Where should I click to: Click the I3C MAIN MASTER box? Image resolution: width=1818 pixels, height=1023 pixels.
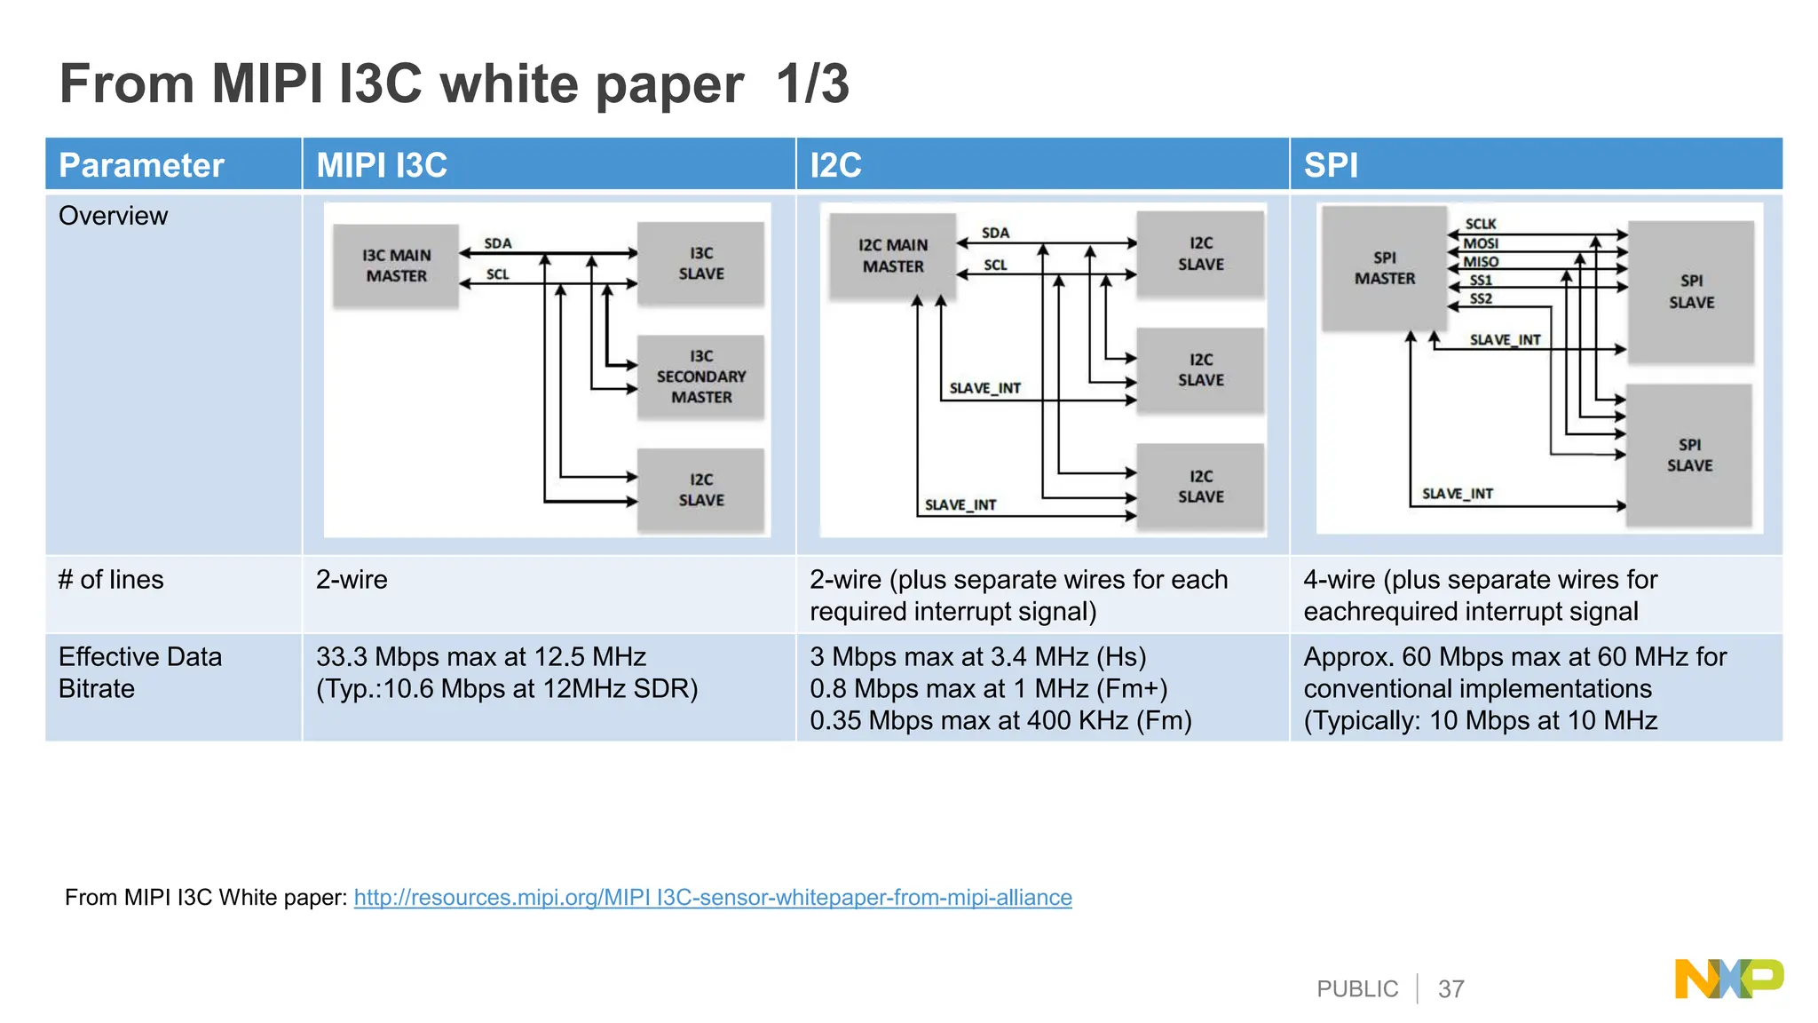point(396,266)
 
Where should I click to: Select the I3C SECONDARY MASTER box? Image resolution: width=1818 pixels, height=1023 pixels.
point(700,377)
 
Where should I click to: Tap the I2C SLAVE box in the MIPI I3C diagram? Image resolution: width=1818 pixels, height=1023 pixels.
point(700,490)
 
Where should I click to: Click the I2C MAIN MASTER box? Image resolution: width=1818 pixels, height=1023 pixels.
point(892,256)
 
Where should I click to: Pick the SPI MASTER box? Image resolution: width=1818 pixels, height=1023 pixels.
point(1384,268)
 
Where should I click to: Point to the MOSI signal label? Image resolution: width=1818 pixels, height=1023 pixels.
point(1480,243)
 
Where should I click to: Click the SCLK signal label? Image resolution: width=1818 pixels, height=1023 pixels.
point(1480,224)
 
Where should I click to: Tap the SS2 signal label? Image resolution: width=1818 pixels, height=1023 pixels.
point(1480,299)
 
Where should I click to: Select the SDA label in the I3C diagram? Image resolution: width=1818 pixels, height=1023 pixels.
point(497,243)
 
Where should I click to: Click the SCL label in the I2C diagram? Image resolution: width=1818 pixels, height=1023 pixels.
point(995,265)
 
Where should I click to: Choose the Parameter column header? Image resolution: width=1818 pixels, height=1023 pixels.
point(141,165)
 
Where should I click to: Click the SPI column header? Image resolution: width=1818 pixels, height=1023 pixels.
point(1331,165)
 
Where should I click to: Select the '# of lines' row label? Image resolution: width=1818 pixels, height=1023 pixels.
point(111,580)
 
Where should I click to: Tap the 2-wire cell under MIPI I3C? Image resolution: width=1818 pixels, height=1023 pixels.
point(352,580)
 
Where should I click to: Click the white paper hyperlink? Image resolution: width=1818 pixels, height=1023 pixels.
point(712,898)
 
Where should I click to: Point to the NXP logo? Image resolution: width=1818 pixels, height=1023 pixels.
point(1728,979)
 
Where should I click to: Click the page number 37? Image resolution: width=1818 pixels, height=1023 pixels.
point(1450,989)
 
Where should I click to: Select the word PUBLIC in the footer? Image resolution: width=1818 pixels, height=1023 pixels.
point(1356,989)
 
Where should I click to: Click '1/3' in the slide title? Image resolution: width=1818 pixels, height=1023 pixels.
point(812,84)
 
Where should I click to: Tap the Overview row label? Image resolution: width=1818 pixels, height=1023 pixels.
point(113,216)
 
